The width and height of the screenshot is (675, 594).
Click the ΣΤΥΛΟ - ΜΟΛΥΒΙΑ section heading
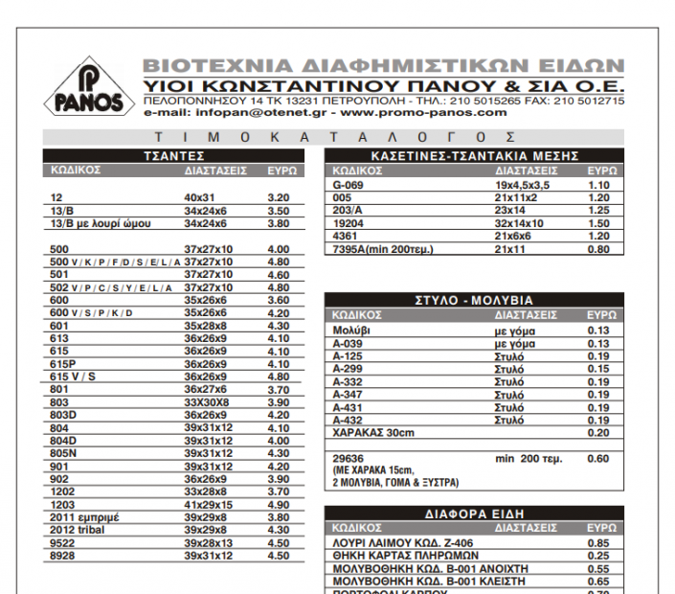[474, 301]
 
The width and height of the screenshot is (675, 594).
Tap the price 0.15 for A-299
[598, 367]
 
